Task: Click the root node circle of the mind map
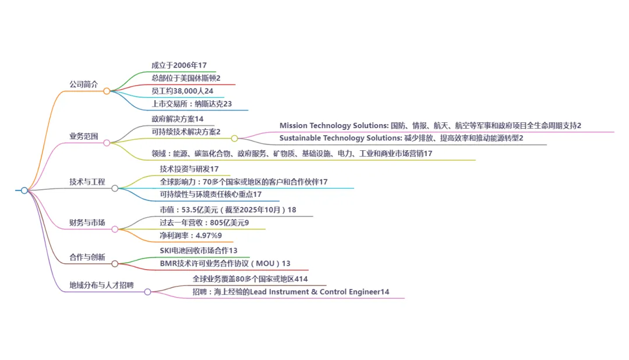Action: click(x=24, y=190)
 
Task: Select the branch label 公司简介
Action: click(x=84, y=84)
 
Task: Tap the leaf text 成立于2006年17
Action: click(x=179, y=65)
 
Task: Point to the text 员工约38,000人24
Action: click(x=182, y=91)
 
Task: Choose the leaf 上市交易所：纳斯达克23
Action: click(x=192, y=104)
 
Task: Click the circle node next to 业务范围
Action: click(x=107, y=143)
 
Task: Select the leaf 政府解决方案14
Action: click(x=178, y=119)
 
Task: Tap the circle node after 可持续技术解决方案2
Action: click(x=234, y=139)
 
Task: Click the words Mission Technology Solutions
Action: click(x=333, y=125)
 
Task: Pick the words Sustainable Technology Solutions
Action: click(x=340, y=138)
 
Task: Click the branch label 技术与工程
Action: click(x=87, y=182)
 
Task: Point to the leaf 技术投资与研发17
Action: click(x=189, y=169)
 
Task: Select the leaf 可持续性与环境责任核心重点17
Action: click(x=211, y=194)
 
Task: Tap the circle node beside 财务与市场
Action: click(x=115, y=229)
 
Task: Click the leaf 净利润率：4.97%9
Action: click(x=191, y=235)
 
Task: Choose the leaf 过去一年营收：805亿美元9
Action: click(x=204, y=223)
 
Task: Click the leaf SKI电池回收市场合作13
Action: click(x=199, y=250)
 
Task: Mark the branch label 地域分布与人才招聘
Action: click(x=101, y=285)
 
